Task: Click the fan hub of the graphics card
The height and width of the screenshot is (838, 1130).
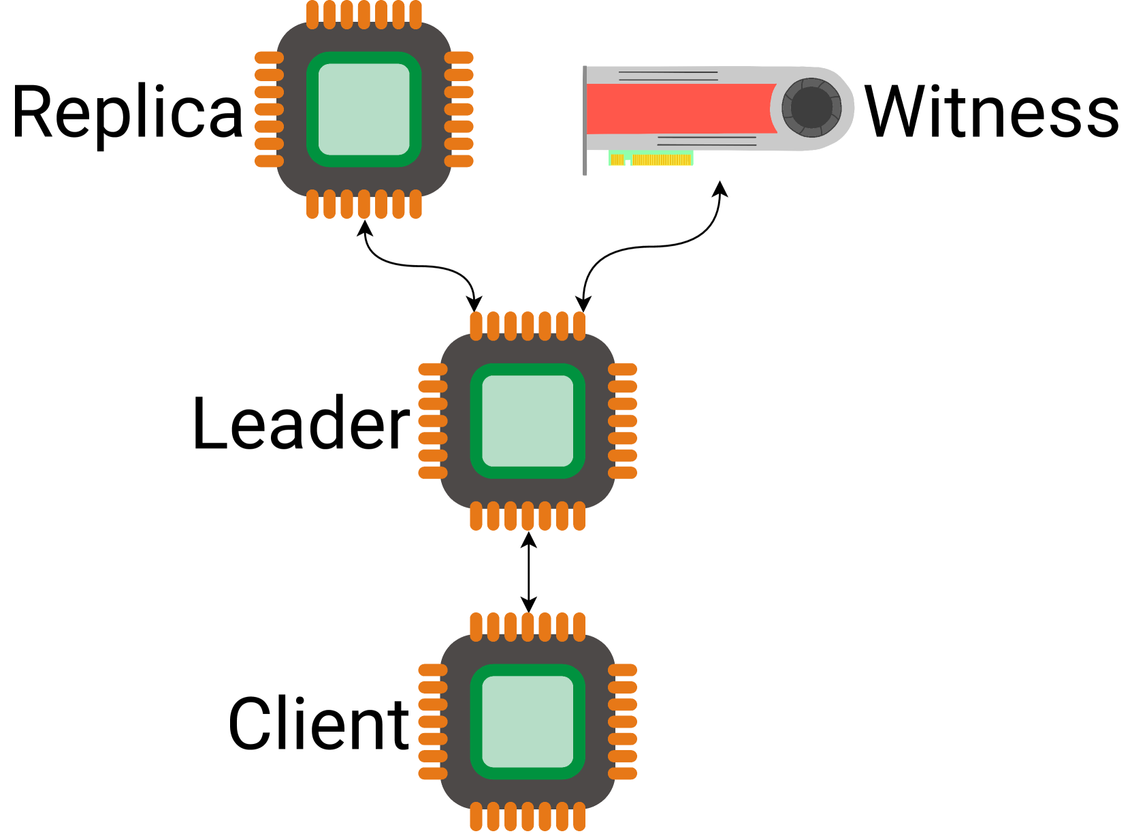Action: [811, 107]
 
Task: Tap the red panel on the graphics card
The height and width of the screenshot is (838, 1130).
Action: [681, 109]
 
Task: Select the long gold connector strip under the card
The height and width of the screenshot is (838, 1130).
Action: [662, 160]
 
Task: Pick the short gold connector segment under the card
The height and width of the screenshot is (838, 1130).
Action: [617, 159]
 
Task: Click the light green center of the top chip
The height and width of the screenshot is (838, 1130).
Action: [364, 109]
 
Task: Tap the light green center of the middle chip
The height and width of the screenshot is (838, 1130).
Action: [528, 421]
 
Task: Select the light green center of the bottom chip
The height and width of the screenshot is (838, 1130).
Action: [528, 721]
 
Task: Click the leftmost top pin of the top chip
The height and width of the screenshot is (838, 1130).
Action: [312, 15]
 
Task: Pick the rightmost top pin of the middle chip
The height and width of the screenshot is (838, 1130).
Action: [579, 326]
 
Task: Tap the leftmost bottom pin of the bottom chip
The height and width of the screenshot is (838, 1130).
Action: [476, 816]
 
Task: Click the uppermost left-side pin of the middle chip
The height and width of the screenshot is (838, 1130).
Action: [433, 369]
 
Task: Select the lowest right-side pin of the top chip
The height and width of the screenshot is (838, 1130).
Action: [459, 161]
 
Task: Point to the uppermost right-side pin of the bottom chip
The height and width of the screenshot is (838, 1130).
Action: [622, 670]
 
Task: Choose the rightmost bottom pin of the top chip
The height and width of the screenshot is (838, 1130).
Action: [416, 204]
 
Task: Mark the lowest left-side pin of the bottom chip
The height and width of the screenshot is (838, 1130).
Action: [433, 773]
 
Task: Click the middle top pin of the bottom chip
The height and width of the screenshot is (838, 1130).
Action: [528, 627]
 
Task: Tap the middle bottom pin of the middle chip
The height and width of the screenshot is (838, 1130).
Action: [528, 516]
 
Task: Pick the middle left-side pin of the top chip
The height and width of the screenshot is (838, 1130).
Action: [270, 109]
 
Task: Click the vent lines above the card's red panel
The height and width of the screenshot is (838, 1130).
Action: [668, 76]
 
